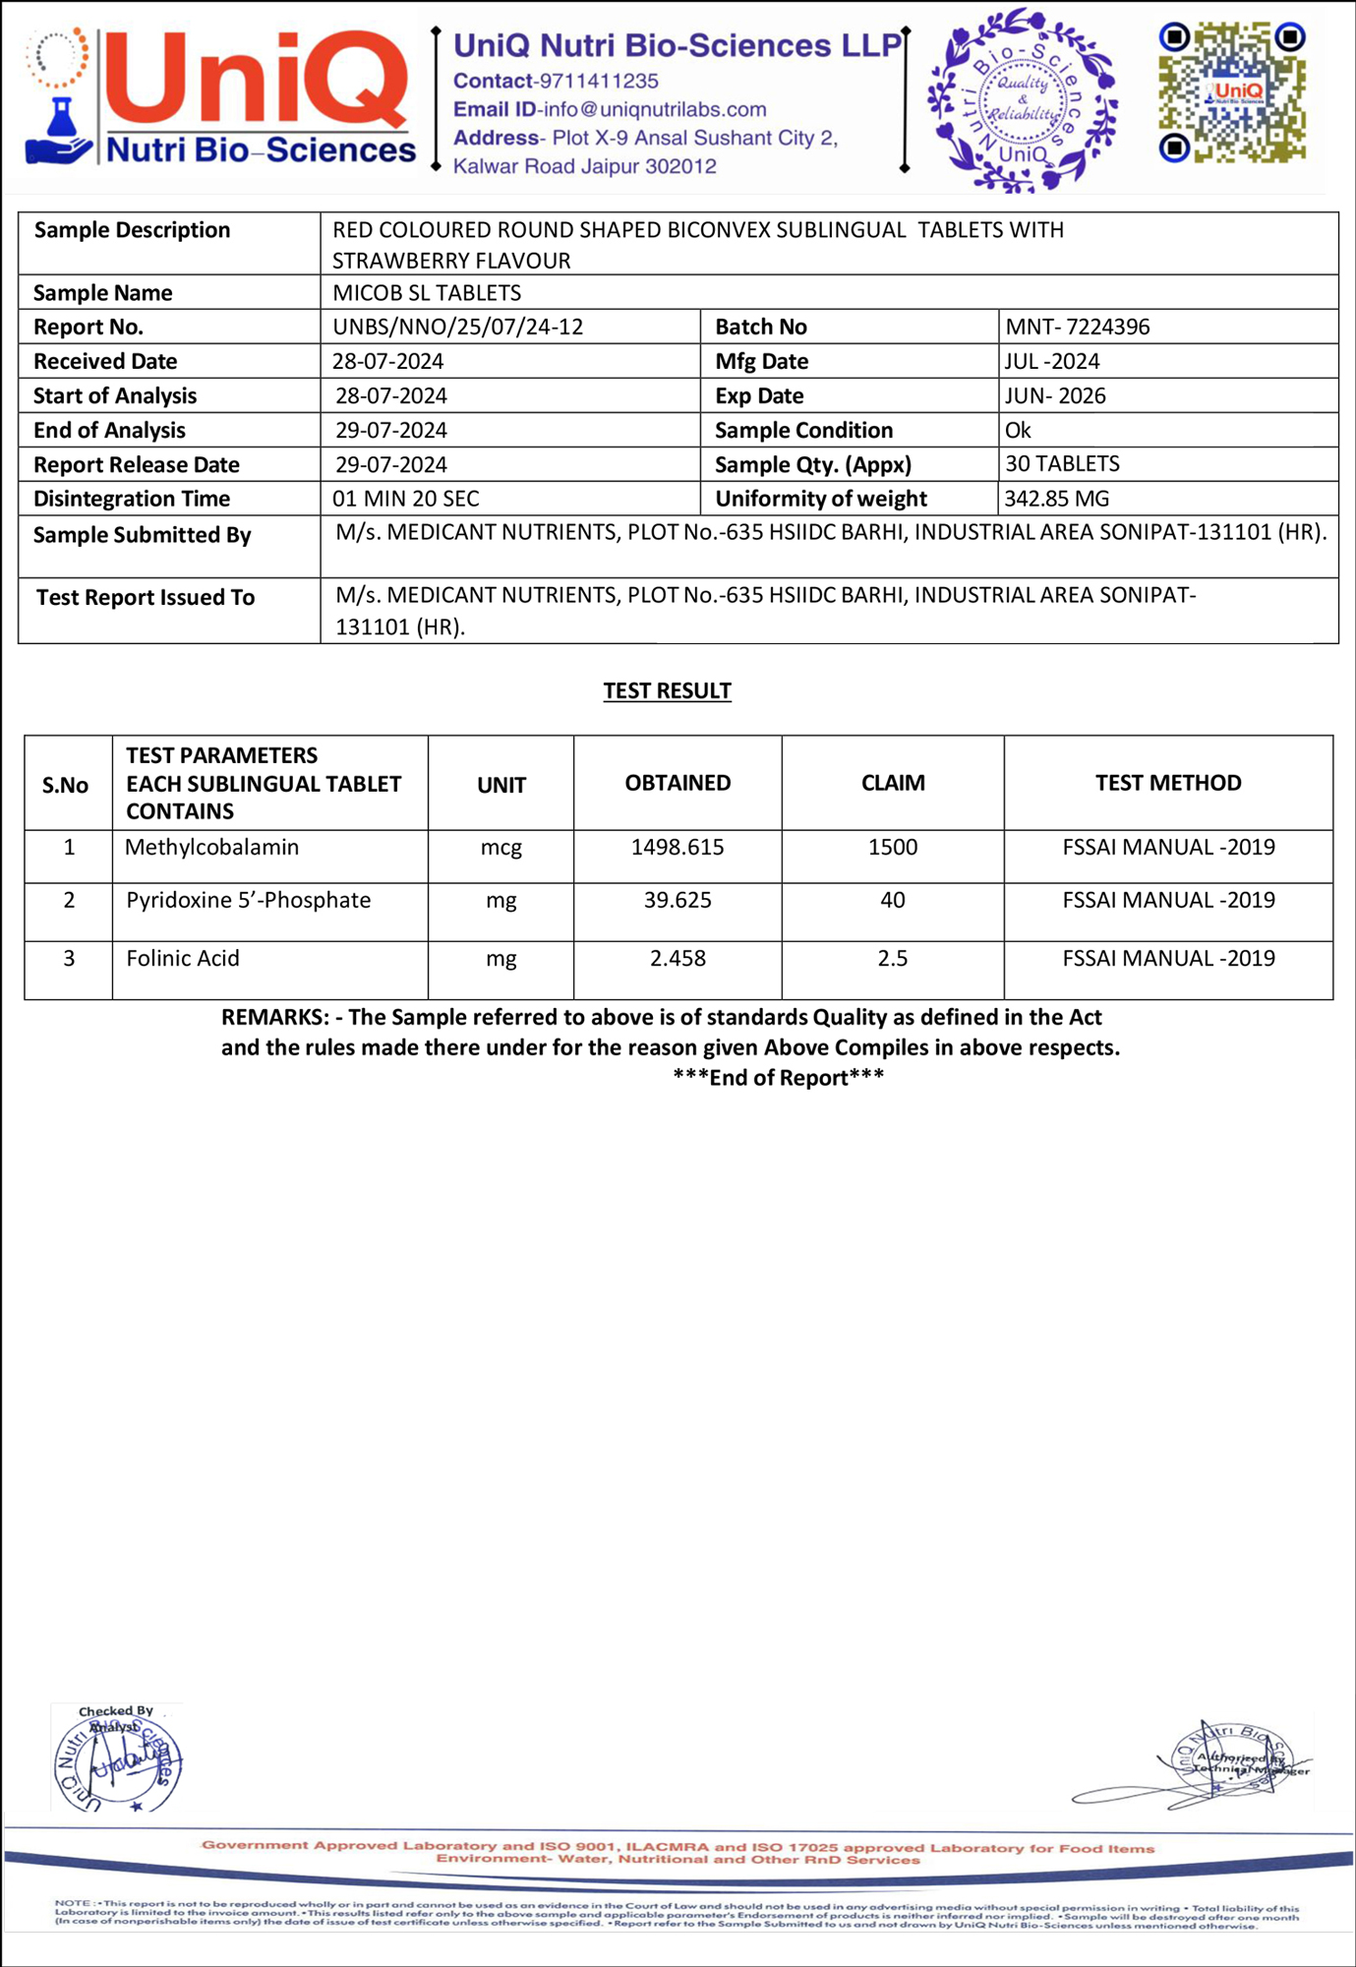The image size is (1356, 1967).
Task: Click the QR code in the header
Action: click(x=1232, y=92)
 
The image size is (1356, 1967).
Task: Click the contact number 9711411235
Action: click(x=600, y=81)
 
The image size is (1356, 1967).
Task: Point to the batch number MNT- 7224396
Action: click(x=1077, y=327)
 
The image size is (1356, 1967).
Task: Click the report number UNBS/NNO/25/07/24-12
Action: click(x=457, y=327)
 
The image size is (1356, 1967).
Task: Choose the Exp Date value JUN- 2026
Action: click(x=1055, y=395)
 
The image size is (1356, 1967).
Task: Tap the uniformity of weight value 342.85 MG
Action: click(x=1056, y=499)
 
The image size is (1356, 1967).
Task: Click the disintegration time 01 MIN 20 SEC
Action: click(x=405, y=499)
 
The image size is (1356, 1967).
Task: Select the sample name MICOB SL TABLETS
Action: click(x=426, y=292)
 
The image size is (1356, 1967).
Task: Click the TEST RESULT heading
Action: click(x=667, y=690)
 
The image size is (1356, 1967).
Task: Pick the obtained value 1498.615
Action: click(x=678, y=847)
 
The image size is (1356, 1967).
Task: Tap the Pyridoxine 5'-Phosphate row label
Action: click(x=248, y=900)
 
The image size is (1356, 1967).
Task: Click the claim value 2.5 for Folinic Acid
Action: click(x=892, y=958)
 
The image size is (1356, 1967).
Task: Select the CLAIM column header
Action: click(x=893, y=783)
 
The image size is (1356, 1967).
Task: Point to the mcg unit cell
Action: click(x=501, y=847)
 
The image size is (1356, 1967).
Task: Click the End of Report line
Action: click(x=778, y=1078)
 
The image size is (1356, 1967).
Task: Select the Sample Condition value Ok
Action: click(x=1018, y=430)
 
